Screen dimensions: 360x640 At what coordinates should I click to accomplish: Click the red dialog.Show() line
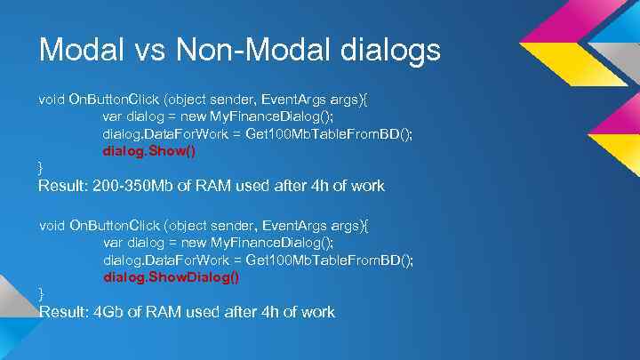(149, 150)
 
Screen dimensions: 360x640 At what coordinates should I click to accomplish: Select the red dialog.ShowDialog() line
(172, 276)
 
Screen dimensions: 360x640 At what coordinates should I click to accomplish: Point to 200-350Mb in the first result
(137, 186)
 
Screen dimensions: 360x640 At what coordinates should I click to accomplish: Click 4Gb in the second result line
(112, 312)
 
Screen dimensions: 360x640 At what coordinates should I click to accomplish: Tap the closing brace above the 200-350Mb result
(41, 167)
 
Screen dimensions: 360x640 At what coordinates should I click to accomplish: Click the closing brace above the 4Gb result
(41, 293)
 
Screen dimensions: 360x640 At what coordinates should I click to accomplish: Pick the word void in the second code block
(52, 226)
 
